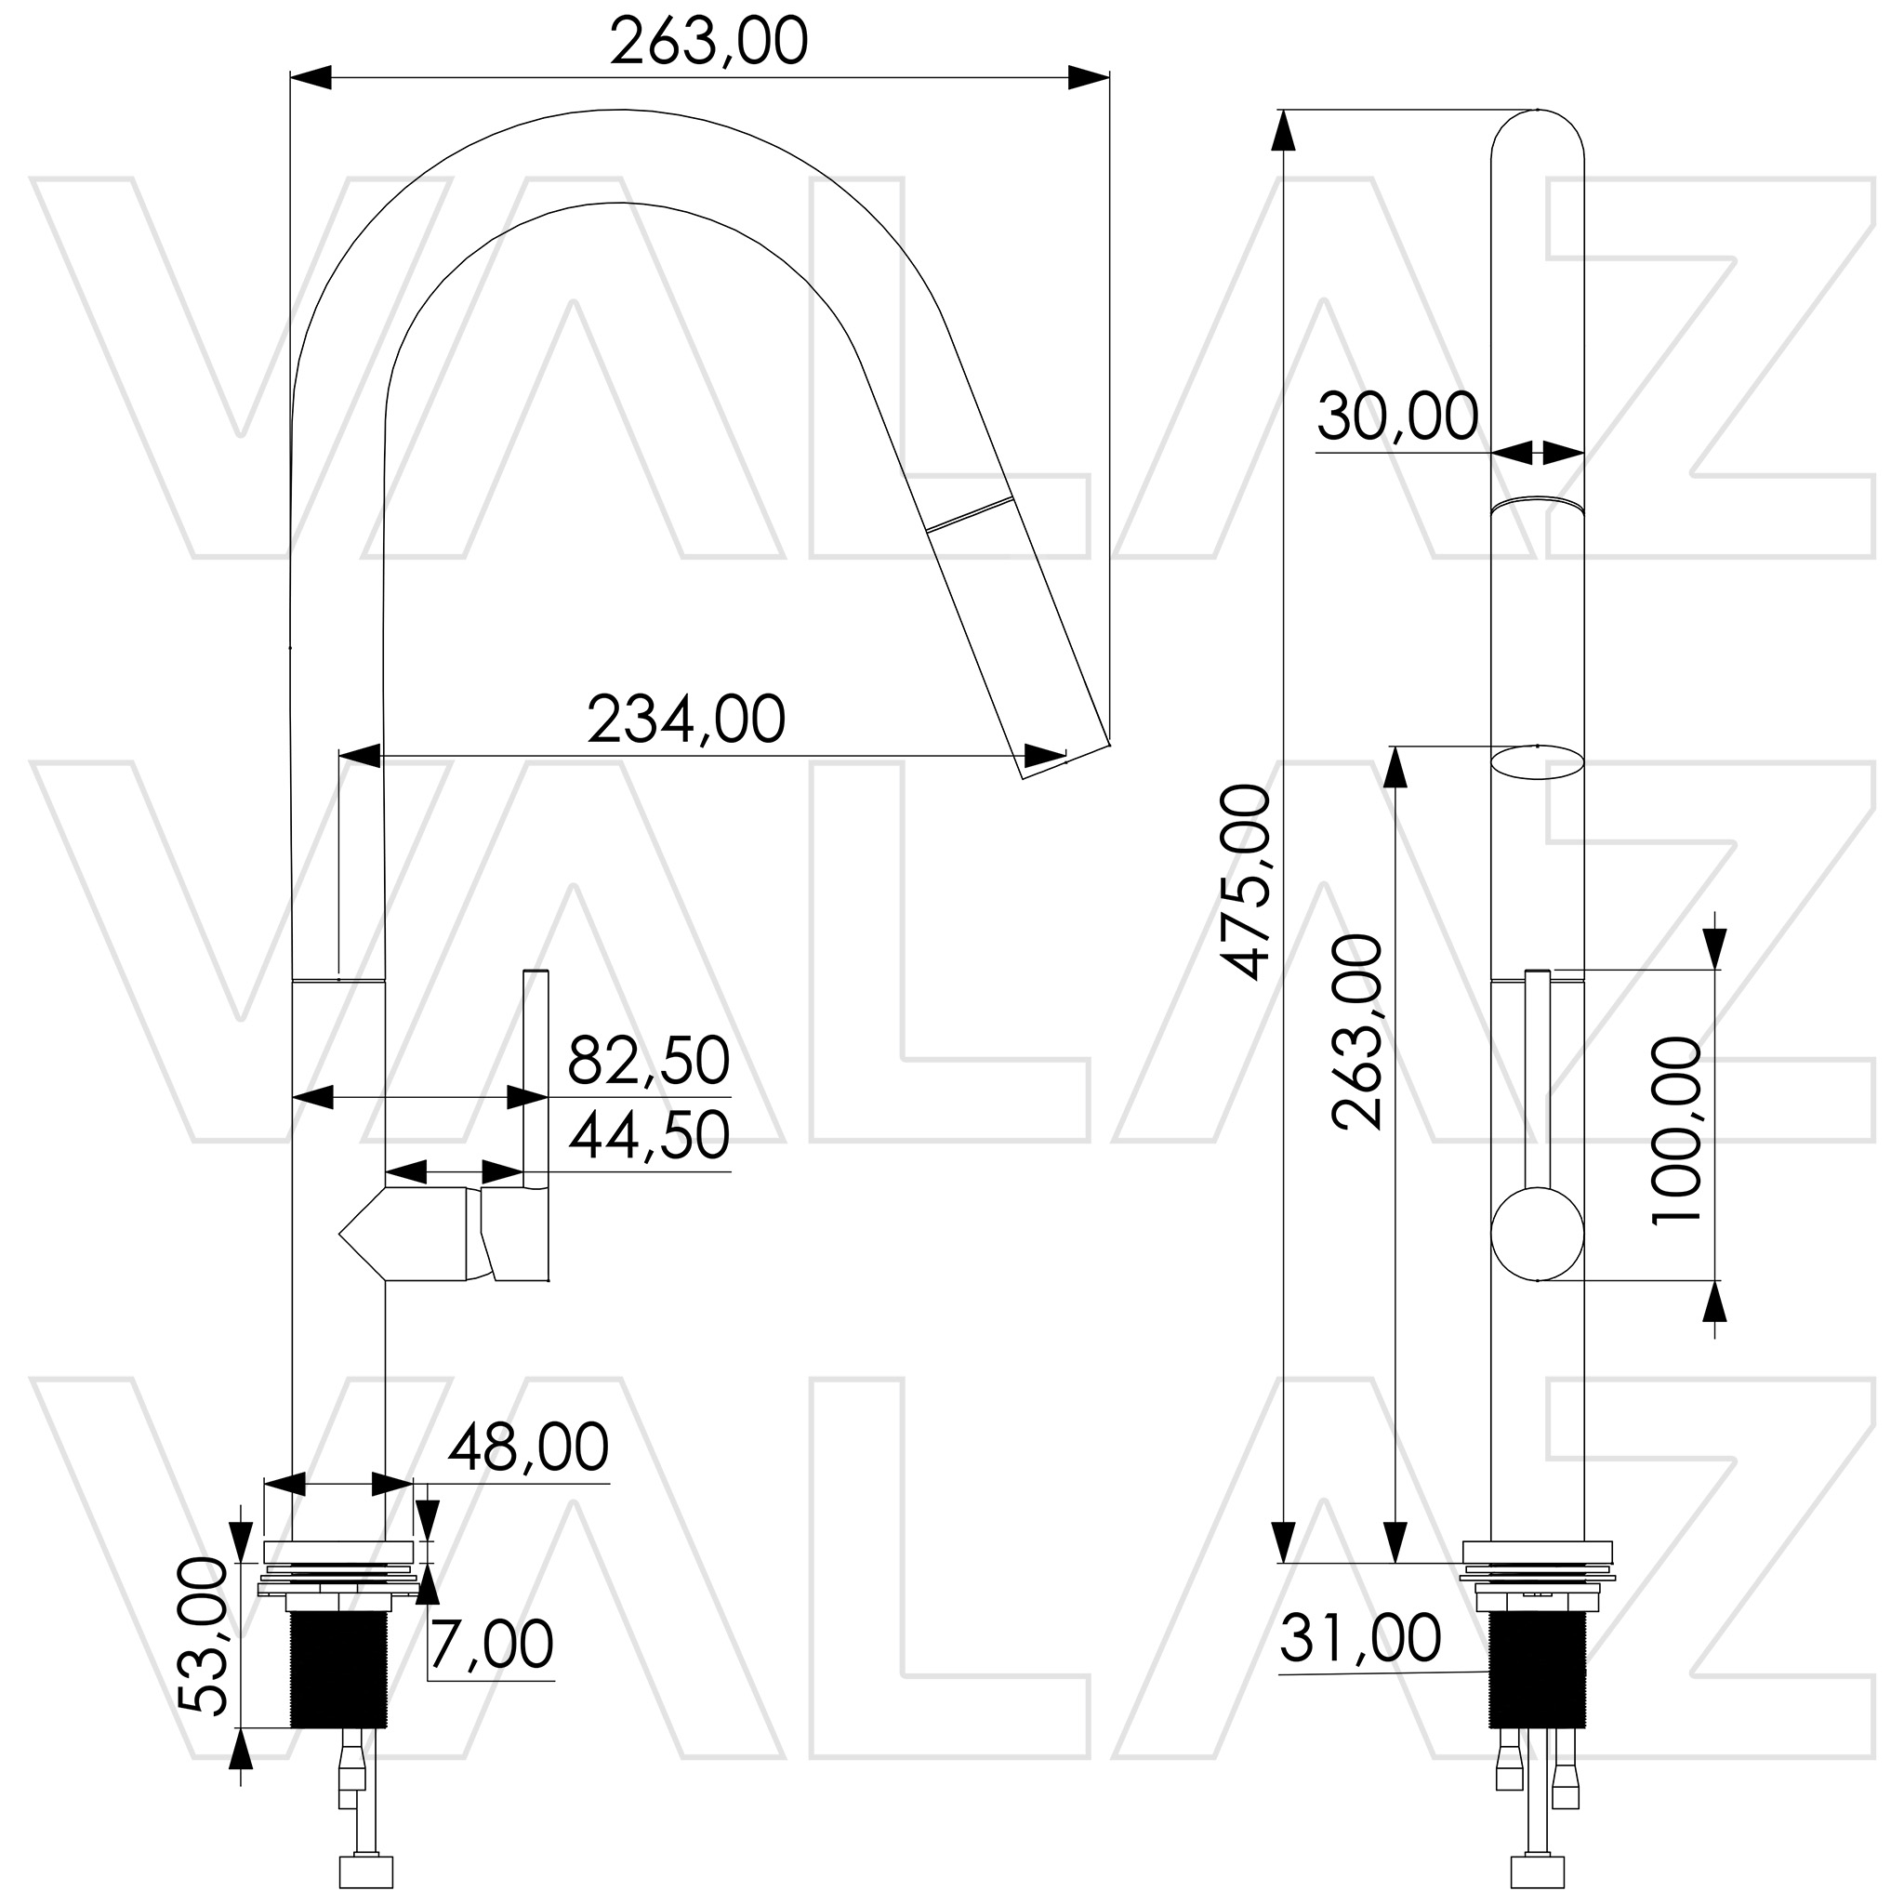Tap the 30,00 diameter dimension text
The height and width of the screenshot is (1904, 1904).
tap(1397, 416)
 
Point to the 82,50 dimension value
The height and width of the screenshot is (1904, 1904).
tap(649, 1062)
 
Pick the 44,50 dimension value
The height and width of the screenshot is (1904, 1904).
tap(649, 1136)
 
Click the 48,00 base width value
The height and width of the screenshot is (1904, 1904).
tap(528, 1448)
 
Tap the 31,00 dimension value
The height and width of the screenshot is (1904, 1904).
tap(1360, 1639)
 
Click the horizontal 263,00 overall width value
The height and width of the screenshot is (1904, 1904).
tap(708, 43)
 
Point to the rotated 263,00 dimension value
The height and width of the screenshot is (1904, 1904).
tap(1357, 1032)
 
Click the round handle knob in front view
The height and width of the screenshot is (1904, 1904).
tap(1537, 1235)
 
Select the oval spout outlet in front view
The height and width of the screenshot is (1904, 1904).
tap(1537, 761)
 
